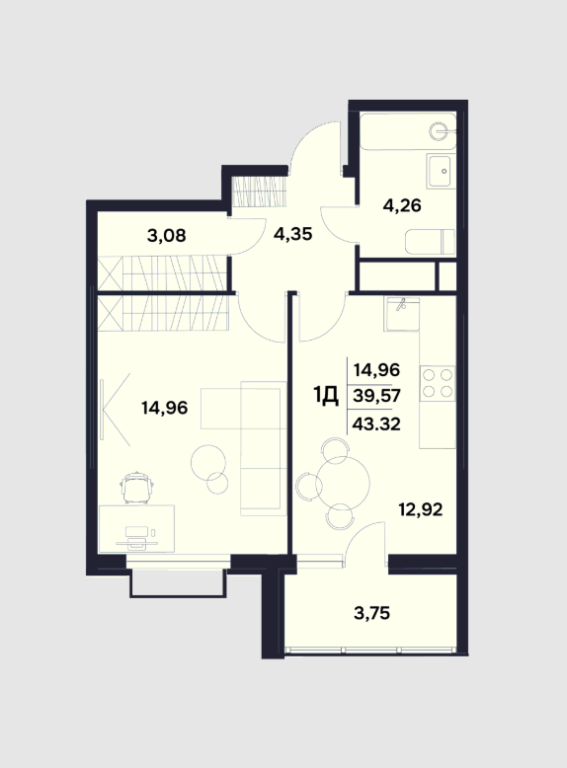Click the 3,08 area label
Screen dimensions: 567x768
[x=166, y=236]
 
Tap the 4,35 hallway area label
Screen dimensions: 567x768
[x=292, y=234]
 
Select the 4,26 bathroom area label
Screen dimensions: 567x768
[x=402, y=205]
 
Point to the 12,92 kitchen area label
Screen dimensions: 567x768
[x=421, y=509]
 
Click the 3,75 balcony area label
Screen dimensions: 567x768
[x=371, y=612]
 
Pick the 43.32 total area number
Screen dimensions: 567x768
[x=376, y=423]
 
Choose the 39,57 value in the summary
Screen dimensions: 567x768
[x=376, y=395]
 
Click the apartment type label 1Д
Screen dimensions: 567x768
[x=326, y=396]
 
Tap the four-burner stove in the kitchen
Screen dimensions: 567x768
[x=438, y=383]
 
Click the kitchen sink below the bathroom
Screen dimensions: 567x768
[x=402, y=314]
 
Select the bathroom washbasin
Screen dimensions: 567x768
[x=441, y=171]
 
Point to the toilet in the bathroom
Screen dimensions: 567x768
[x=431, y=242]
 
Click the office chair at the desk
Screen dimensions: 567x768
[x=137, y=487]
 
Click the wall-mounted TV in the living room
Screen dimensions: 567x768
[x=103, y=410]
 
